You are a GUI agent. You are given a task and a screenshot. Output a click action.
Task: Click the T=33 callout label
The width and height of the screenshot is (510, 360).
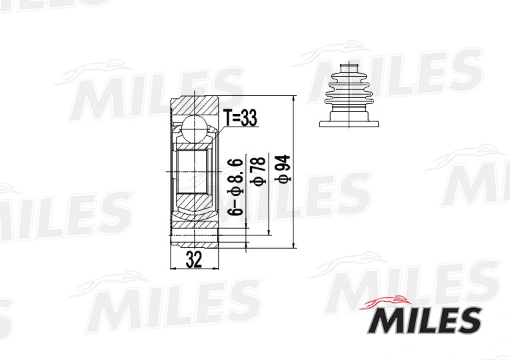coord(241,118)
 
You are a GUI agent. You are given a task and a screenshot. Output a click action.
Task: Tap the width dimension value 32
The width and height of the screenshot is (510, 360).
coord(194,259)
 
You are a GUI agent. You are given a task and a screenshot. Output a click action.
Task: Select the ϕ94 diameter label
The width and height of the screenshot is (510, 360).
coord(282,168)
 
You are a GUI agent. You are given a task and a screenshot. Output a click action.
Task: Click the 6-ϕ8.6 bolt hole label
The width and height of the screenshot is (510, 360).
coord(235,187)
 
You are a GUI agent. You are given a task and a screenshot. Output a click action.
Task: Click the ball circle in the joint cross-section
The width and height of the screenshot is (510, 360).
coord(195,129)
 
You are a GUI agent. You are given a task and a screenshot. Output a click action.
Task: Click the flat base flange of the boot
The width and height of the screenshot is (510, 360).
coord(349,124)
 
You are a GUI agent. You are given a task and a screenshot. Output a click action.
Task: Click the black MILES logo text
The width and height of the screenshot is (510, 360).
coord(424,321)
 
